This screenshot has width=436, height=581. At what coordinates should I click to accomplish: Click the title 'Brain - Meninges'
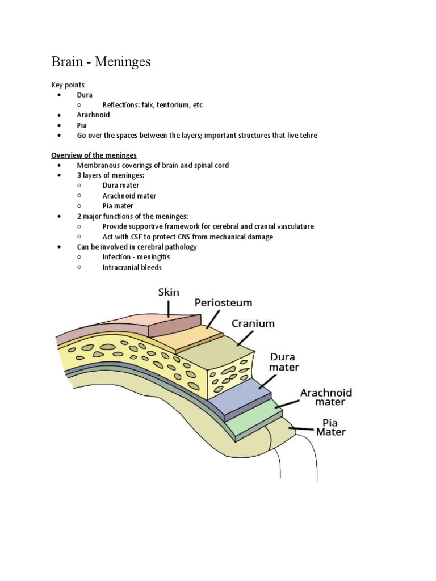tap(101, 61)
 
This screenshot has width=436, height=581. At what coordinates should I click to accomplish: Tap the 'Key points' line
tap(68, 85)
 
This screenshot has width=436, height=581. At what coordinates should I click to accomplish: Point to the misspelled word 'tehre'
tap(308, 135)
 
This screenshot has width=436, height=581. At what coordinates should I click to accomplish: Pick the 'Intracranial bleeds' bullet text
tap(132, 267)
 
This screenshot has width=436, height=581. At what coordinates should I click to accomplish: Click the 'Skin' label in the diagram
tap(168, 293)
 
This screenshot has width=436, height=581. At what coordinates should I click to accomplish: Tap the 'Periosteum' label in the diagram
tap(223, 303)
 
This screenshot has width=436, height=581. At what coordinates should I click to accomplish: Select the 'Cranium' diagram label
tap(253, 324)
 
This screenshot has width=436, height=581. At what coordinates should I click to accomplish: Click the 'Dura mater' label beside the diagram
tap(284, 362)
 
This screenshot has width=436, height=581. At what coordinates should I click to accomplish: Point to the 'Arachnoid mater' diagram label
tap(326, 397)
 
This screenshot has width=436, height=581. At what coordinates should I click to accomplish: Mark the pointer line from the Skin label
tap(169, 308)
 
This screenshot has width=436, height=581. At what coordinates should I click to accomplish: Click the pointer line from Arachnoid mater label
tap(287, 403)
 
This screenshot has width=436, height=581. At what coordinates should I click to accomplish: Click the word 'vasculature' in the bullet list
tap(293, 226)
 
